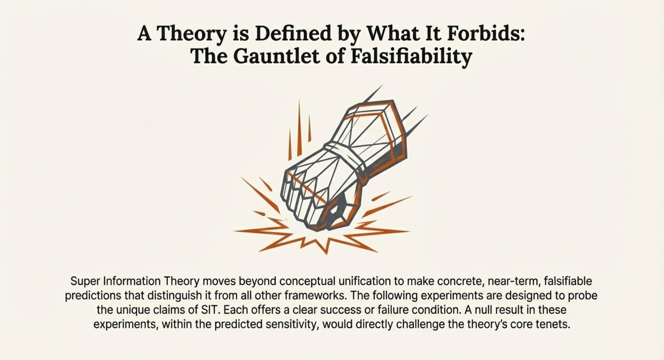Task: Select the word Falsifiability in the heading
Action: (x=412, y=57)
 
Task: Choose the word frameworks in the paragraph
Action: (x=315, y=295)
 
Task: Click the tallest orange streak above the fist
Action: (x=299, y=128)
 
